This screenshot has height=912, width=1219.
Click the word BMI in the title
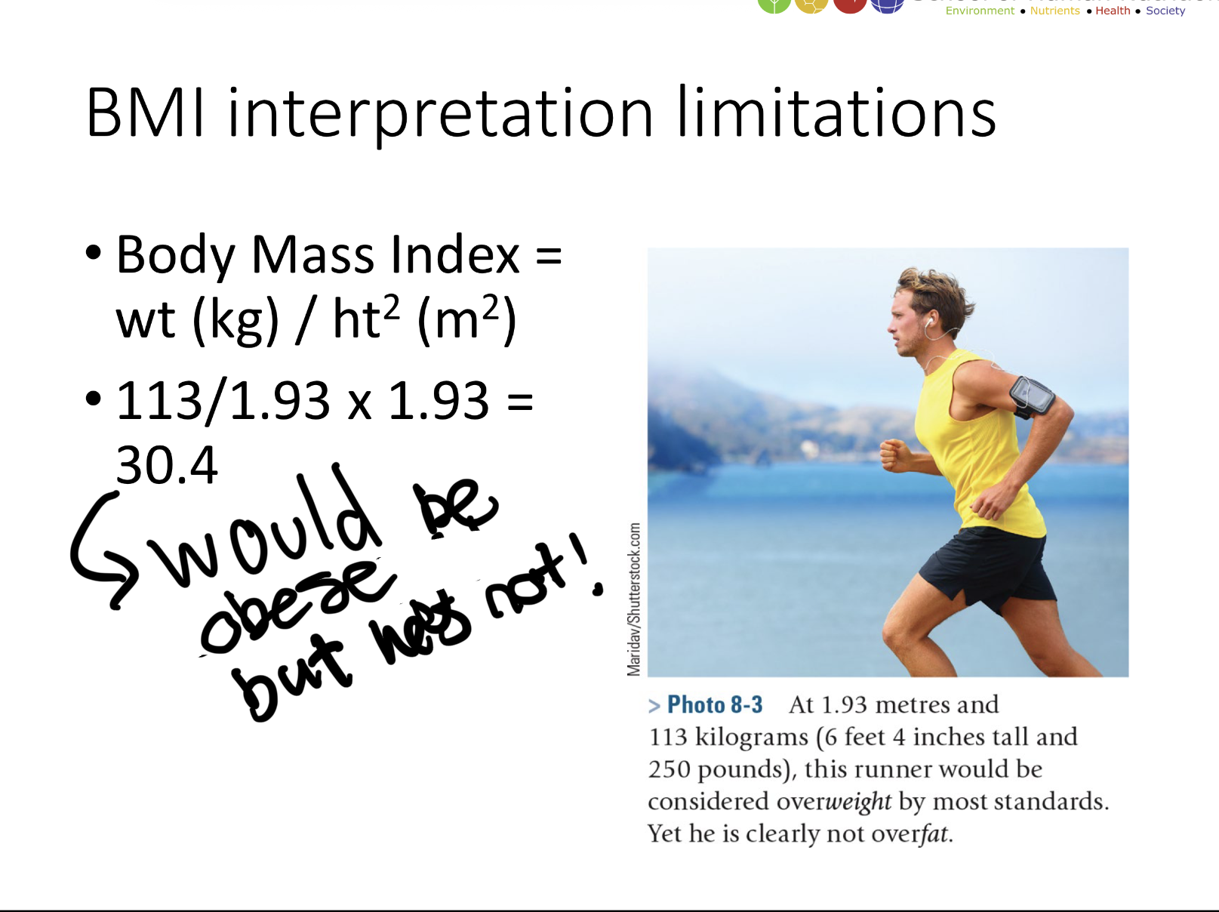tap(145, 113)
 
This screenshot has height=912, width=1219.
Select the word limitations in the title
tap(836, 113)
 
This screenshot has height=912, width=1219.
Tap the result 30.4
tap(167, 465)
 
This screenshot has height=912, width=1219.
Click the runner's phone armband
tap(1032, 396)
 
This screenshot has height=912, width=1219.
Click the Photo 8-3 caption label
tap(714, 705)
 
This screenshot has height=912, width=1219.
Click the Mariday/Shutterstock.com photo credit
tap(634, 599)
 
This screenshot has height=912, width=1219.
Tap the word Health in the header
tap(1113, 11)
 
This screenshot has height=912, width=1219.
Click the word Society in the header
tap(1165, 11)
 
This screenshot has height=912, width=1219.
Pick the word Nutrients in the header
tap(1054, 11)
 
